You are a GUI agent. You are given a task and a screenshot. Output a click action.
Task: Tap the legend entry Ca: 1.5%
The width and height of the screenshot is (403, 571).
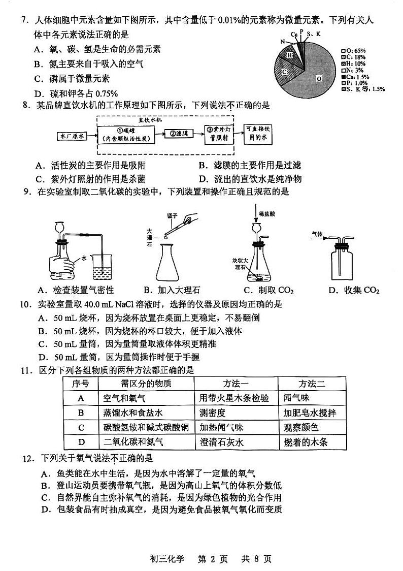click(x=357, y=77)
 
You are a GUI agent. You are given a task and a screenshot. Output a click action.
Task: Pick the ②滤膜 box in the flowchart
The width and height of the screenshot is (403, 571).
click(x=179, y=134)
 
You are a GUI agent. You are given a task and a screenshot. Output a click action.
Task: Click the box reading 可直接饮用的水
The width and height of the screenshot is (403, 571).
click(x=258, y=133)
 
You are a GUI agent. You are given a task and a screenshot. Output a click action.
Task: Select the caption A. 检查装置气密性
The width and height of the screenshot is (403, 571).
click(x=76, y=290)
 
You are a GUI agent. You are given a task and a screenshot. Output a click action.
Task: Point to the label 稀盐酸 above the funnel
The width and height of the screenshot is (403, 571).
click(x=265, y=214)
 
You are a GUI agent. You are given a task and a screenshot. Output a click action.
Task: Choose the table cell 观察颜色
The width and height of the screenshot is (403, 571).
click(x=301, y=427)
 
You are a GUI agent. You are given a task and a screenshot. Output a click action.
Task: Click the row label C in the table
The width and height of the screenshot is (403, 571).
click(x=81, y=427)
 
